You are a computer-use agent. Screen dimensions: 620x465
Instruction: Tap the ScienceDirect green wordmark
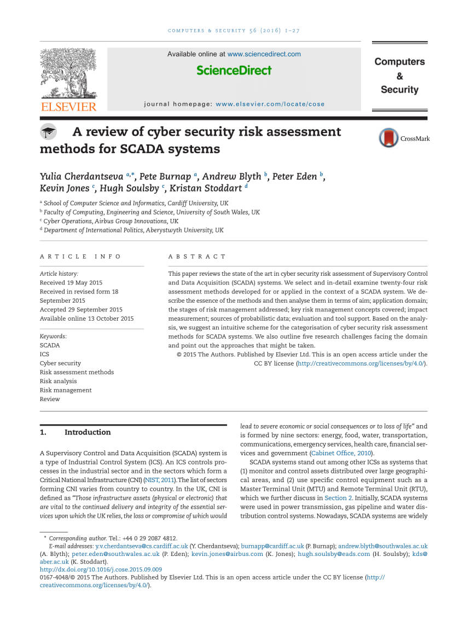coord(234,70)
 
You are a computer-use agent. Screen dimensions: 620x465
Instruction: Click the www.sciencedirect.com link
coord(264,54)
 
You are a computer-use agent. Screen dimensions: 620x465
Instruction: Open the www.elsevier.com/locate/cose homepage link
coord(270,104)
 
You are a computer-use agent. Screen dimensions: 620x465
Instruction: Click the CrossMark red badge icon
coord(388,138)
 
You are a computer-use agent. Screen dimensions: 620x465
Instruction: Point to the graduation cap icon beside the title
coord(49,132)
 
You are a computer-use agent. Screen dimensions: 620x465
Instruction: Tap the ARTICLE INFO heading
coord(80,257)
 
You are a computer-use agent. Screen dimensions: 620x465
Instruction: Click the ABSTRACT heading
coord(197,257)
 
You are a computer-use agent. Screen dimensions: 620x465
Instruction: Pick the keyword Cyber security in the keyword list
coord(60,363)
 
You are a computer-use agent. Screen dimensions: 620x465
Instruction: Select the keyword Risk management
coord(66,390)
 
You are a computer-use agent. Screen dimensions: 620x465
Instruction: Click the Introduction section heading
coord(88,432)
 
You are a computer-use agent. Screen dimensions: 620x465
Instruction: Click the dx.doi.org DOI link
coord(101,570)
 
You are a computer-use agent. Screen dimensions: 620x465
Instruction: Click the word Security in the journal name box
coord(399,90)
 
